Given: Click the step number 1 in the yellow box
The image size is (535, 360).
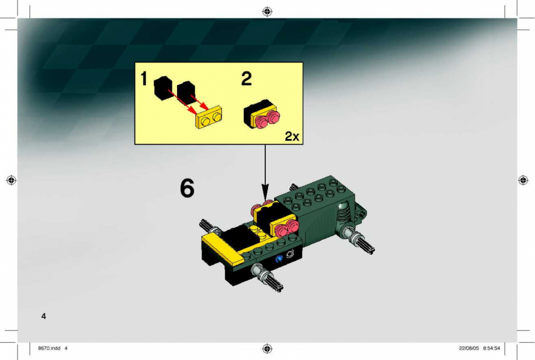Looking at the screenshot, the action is click(x=143, y=79).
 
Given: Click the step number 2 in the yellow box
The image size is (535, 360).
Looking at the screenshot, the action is click(x=246, y=79).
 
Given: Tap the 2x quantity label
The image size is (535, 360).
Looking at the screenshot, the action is click(x=292, y=136).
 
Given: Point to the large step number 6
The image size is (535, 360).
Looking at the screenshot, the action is click(x=187, y=188).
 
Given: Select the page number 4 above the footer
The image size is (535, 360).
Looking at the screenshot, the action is click(x=43, y=316).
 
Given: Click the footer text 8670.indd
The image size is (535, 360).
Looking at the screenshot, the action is click(x=49, y=349).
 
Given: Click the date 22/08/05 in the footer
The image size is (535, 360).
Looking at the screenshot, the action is click(x=469, y=349).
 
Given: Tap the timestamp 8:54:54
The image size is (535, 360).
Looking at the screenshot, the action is click(x=491, y=349).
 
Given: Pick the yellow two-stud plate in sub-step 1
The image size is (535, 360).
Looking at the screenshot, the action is click(x=209, y=117).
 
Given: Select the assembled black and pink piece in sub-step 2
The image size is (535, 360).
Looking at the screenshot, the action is click(x=261, y=114).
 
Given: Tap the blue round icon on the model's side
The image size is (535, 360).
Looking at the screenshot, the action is click(x=279, y=259).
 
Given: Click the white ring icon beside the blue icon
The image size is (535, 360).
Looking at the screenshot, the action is click(x=290, y=255).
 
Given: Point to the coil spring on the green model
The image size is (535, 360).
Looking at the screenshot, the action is click(x=343, y=215).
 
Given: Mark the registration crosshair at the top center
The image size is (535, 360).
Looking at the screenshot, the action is click(x=267, y=11).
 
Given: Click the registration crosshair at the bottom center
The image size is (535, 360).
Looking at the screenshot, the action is click(x=267, y=349).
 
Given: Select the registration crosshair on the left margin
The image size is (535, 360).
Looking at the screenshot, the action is click(x=11, y=180).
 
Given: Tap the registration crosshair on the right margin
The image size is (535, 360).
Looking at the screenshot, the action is click(x=523, y=180).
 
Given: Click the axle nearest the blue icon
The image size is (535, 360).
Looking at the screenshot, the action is click(x=267, y=278).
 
